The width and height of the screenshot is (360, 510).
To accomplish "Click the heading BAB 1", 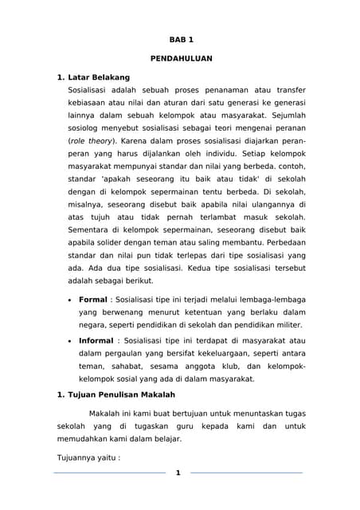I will pos(180,39).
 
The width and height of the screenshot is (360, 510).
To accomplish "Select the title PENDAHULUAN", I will pos(180,59).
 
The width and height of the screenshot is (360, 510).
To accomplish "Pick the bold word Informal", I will pos(96,340).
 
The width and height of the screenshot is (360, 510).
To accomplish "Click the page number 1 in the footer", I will pos(178,473).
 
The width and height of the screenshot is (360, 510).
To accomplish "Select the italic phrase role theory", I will pos(92,141).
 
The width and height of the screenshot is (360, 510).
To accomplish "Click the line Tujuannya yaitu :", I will pos(88,458).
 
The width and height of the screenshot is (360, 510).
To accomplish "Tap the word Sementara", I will pos(92,229).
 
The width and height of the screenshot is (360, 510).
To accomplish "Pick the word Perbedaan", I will pos(280,242).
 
